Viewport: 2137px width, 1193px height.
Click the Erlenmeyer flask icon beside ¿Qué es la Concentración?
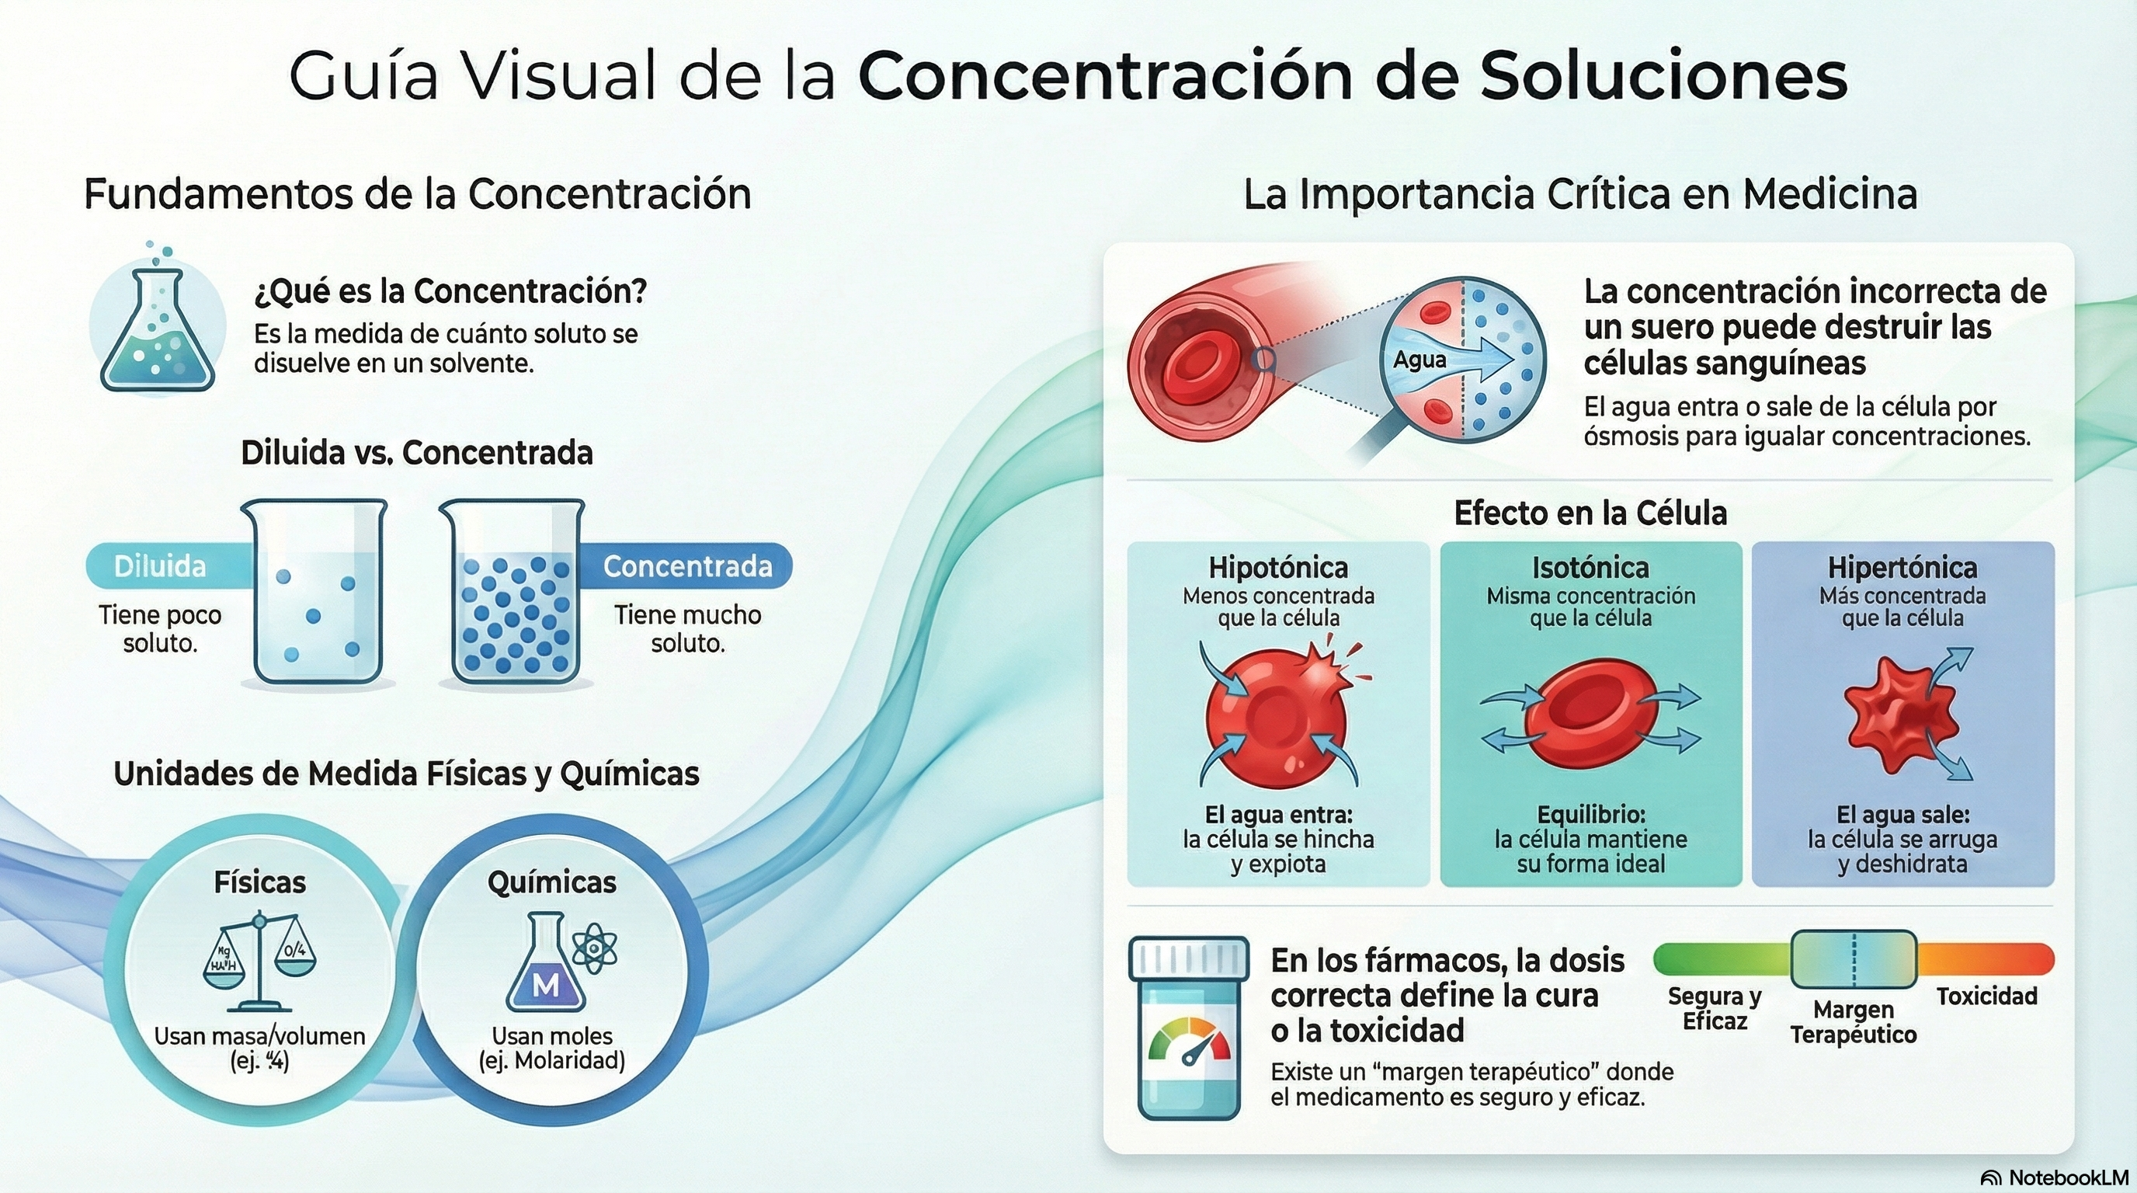tap(157, 332)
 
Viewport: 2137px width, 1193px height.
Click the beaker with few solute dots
tap(316, 593)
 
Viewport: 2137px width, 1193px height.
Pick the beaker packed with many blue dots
tap(514, 593)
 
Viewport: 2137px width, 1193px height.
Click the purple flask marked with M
tap(545, 966)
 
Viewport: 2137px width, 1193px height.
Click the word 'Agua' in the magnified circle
tap(1419, 360)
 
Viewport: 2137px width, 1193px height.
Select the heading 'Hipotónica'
tap(1278, 569)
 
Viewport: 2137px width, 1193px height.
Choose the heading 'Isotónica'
tap(1590, 569)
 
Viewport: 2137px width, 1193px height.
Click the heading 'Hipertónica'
tap(1902, 569)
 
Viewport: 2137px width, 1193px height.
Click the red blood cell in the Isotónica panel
tap(1590, 715)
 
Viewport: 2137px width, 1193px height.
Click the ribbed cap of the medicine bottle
tap(1189, 959)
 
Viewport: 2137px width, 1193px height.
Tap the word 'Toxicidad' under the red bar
tap(1986, 996)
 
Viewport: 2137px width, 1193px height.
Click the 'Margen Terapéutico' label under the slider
tap(1854, 1022)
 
